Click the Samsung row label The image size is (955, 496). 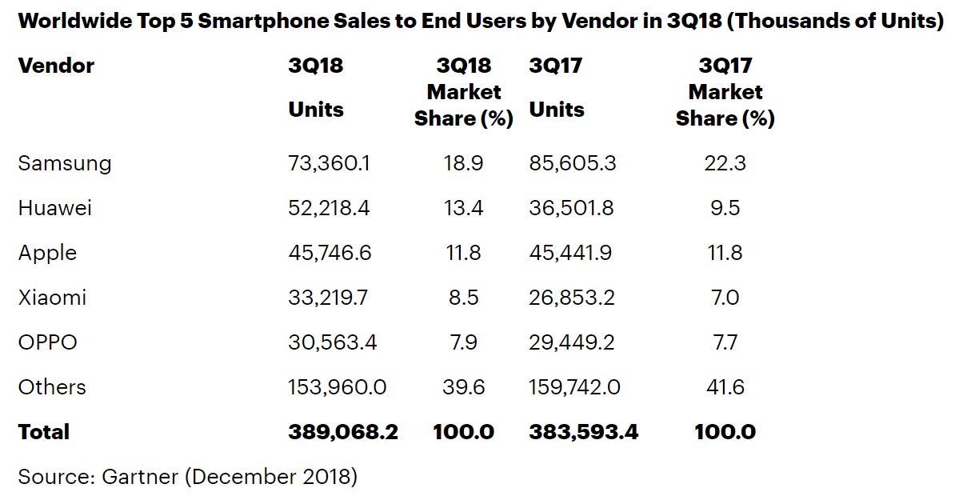[x=65, y=164]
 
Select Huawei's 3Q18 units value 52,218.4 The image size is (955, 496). [x=330, y=209]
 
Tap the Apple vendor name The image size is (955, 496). [x=48, y=254]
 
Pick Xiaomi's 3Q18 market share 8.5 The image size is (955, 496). [x=463, y=298]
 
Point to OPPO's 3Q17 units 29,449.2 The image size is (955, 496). [x=573, y=343]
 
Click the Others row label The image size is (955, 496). [x=52, y=388]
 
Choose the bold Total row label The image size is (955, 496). [x=44, y=433]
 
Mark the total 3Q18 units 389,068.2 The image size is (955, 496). [x=343, y=433]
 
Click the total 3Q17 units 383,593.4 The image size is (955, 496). [x=584, y=433]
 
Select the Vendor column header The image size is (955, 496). [x=56, y=66]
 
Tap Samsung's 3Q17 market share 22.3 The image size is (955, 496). [x=725, y=164]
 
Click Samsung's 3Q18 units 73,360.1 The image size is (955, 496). [x=330, y=164]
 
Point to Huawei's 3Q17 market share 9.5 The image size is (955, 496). [x=725, y=209]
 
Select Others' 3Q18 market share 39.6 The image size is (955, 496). [x=463, y=388]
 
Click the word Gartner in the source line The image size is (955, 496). [x=140, y=478]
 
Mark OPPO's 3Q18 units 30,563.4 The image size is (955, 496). [x=332, y=343]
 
